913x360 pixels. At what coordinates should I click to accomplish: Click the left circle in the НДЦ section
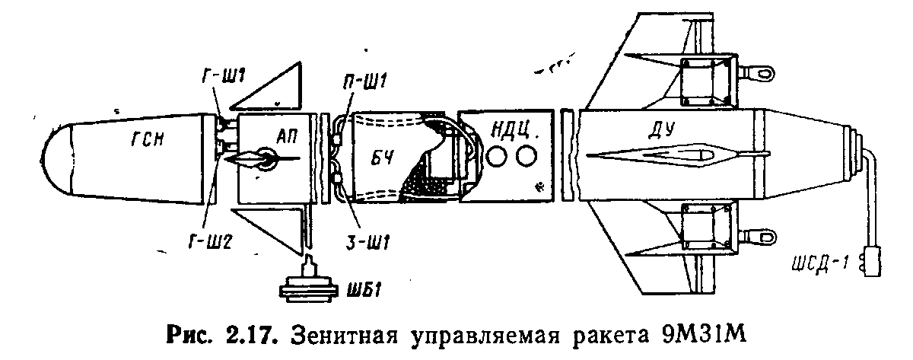tap(497, 157)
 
